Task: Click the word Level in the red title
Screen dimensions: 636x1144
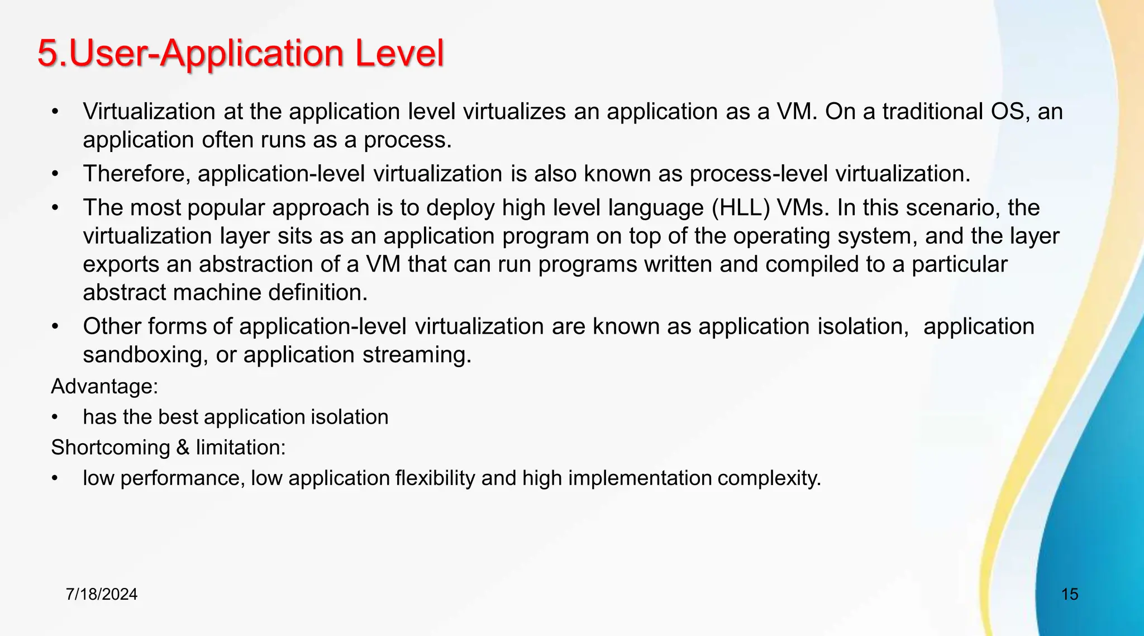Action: pyautogui.click(x=399, y=54)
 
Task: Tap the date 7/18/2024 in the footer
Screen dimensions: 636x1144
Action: pyautogui.click(x=102, y=594)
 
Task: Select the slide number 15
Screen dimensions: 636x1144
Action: pyautogui.click(x=1069, y=594)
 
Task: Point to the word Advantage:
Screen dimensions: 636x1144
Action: pyautogui.click(x=104, y=386)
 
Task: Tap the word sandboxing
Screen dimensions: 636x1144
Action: pyautogui.click(x=142, y=355)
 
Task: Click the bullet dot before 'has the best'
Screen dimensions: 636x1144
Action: pyautogui.click(x=55, y=417)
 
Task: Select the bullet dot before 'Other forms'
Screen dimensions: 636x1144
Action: pyautogui.click(x=55, y=326)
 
